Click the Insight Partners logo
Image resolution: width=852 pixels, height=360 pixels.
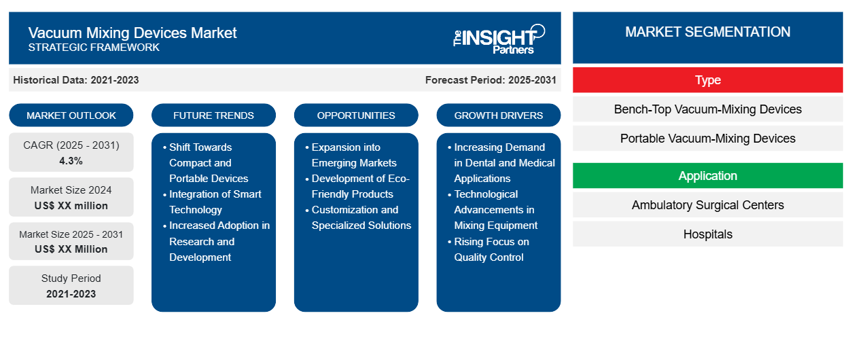pos(499,39)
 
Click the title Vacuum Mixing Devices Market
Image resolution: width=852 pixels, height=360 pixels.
pos(132,33)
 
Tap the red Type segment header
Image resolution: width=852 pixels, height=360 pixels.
pos(707,80)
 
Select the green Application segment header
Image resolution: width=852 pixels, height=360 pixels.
pos(707,176)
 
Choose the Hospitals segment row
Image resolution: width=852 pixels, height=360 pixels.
pos(707,234)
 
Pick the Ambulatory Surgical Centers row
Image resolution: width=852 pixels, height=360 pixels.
pos(707,205)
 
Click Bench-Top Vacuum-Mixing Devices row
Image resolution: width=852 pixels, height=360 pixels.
pos(707,109)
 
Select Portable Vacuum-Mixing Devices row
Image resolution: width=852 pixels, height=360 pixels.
pos(707,139)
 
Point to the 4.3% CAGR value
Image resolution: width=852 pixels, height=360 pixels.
pos(71,161)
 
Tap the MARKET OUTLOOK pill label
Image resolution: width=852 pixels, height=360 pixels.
pos(71,115)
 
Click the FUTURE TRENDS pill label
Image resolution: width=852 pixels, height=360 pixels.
pos(213,115)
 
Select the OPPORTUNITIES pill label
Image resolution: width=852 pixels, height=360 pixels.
pos(356,115)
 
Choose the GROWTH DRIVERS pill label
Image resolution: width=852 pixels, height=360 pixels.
pos(498,115)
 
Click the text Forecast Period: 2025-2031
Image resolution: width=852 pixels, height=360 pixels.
pos(491,80)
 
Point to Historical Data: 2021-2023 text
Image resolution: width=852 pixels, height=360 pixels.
pos(76,80)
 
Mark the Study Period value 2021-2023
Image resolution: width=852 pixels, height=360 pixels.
pos(71,294)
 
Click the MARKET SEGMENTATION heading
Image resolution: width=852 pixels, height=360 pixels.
pos(707,32)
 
